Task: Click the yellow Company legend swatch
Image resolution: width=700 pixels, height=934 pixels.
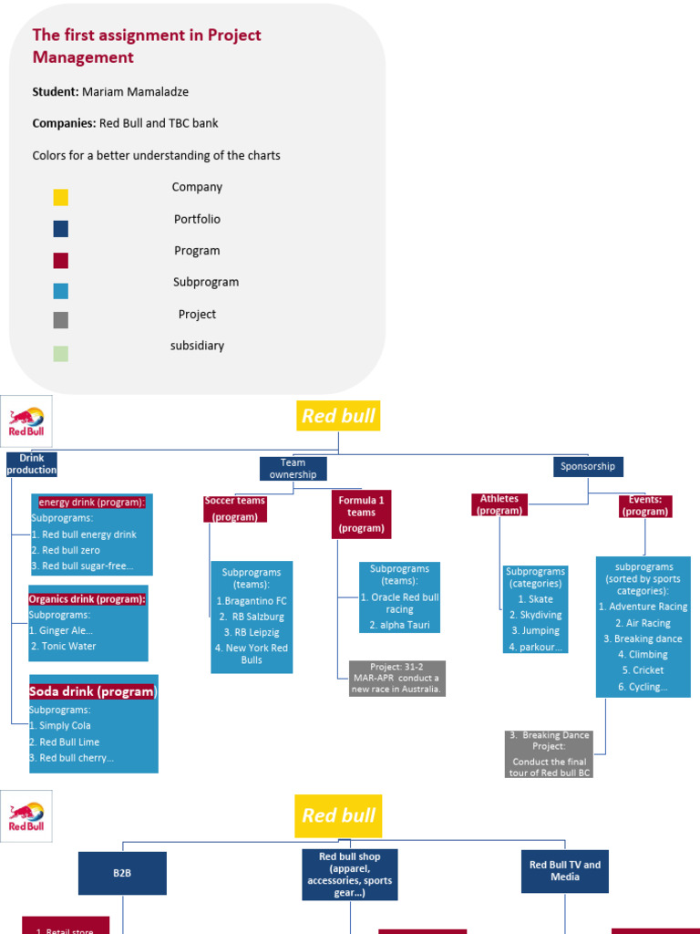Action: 61,197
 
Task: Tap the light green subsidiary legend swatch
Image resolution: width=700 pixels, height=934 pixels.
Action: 61,354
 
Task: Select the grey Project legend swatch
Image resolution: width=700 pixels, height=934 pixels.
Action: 61,320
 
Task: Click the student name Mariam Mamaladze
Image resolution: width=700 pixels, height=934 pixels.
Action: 135,92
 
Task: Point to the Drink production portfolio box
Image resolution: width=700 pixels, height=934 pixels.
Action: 32,464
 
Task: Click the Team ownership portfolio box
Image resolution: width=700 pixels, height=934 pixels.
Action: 293,469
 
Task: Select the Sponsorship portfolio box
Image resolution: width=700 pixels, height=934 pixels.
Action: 588,466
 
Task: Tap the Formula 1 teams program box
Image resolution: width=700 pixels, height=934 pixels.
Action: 361,514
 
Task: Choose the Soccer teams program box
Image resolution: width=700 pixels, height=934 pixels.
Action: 234,509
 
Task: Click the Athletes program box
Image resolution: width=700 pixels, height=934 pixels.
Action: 499,504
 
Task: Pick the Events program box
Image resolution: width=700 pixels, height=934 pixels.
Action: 645,505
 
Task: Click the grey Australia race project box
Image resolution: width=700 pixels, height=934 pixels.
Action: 397,679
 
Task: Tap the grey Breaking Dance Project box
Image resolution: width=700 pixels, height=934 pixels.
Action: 549,754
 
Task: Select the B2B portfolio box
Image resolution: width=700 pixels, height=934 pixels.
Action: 122,873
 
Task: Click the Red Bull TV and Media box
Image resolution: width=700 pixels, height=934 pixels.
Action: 565,871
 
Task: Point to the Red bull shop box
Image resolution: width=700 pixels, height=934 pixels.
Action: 349,875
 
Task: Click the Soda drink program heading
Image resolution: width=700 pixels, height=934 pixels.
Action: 93,691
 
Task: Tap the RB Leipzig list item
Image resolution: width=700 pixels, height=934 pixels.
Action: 252,633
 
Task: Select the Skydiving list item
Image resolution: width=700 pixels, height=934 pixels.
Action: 535,616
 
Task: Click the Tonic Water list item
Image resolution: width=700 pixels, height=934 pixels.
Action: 63,647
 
